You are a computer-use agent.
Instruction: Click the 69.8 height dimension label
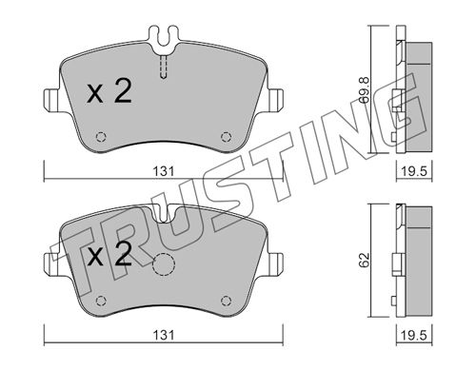tap(364, 90)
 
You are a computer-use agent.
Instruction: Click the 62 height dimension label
tap(365, 260)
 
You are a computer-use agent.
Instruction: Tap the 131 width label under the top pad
tap(164, 171)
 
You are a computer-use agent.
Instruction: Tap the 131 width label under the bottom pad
tap(164, 336)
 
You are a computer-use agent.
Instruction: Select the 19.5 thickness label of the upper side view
tap(414, 171)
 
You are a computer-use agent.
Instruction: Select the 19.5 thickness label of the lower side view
tap(414, 336)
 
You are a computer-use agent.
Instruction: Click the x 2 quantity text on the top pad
tap(109, 91)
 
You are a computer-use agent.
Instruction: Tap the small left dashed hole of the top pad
tap(101, 137)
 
